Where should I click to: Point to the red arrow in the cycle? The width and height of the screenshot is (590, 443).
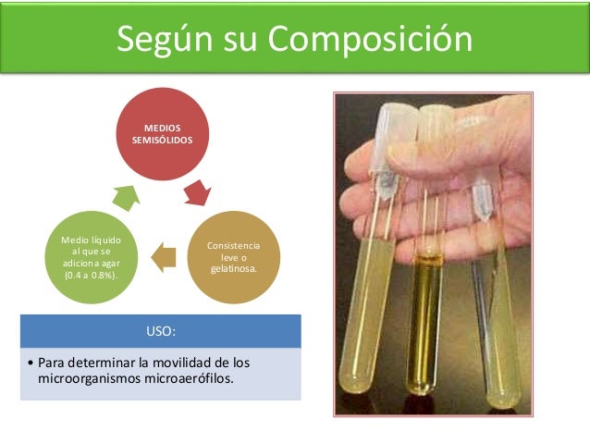(x=197, y=192)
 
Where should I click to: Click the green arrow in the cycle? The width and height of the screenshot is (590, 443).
(x=124, y=195)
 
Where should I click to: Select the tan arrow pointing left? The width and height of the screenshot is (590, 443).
(x=163, y=256)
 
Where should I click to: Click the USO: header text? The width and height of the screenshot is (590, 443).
(x=160, y=331)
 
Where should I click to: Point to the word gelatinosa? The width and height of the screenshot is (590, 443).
(x=233, y=268)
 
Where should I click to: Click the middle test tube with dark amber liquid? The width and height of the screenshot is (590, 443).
(x=429, y=305)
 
